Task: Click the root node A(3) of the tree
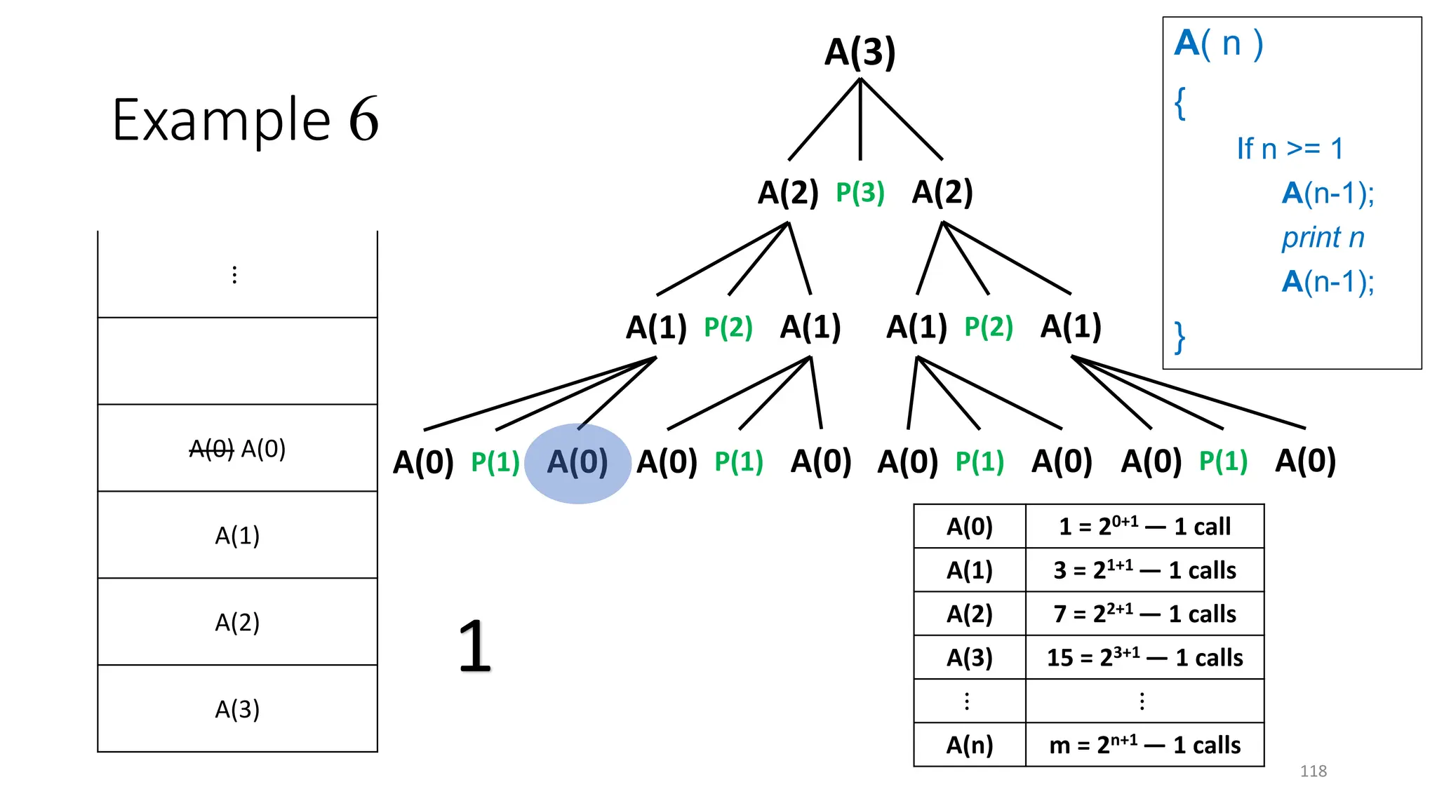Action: click(x=860, y=53)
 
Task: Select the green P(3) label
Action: click(x=860, y=193)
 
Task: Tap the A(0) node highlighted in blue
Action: click(x=577, y=463)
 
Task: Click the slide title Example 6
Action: click(x=245, y=120)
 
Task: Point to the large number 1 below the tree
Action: click(x=474, y=646)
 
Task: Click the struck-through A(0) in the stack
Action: click(x=211, y=449)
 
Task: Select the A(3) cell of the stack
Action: click(x=237, y=709)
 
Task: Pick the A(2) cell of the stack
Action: click(x=237, y=622)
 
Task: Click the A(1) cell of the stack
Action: click(x=237, y=535)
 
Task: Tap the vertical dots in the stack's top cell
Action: click(x=234, y=275)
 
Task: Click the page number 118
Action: click(x=1313, y=771)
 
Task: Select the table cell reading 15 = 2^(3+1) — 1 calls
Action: click(x=1144, y=658)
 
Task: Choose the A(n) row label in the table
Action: click(x=970, y=745)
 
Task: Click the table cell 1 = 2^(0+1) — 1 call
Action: click(x=1144, y=526)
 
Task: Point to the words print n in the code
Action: click(x=1323, y=238)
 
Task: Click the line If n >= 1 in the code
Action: click(x=1290, y=149)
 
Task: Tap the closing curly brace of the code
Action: click(x=1180, y=337)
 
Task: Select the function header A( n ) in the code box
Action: click(x=1219, y=43)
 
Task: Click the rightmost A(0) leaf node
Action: click(x=1305, y=462)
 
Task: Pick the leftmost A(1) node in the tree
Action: click(x=656, y=328)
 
